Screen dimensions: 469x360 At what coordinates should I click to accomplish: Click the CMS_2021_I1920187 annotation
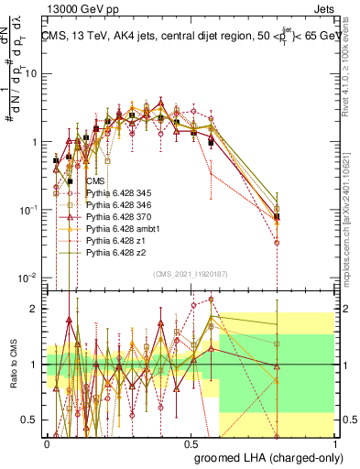(x=190, y=273)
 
